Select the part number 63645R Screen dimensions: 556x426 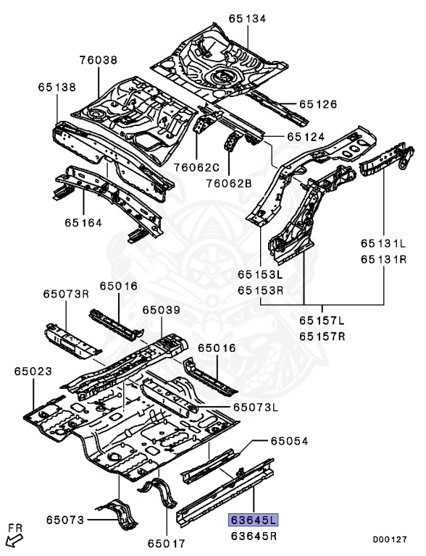(x=254, y=536)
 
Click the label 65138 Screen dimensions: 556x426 (x=57, y=87)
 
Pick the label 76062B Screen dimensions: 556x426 (x=227, y=183)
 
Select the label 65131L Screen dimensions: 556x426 (x=384, y=243)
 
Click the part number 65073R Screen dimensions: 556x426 (x=66, y=293)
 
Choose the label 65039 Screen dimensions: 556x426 (x=160, y=309)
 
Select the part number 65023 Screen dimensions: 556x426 (x=33, y=371)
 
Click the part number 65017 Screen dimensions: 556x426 (x=167, y=542)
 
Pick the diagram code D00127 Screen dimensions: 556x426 (x=390, y=539)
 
